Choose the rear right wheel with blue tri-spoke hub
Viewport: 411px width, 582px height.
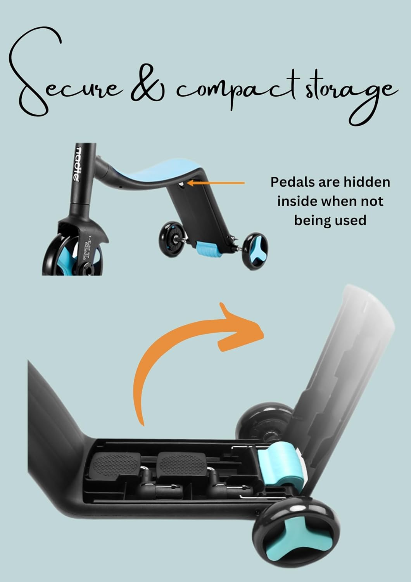(x=256, y=247)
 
